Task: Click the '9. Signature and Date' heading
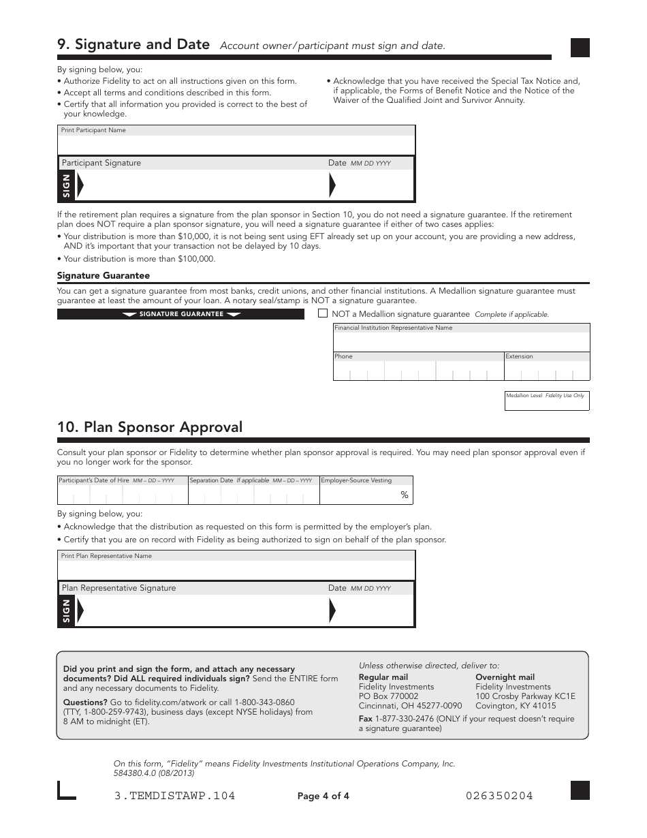tap(133, 44)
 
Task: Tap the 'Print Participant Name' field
tap(236, 145)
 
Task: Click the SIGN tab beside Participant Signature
tap(66, 185)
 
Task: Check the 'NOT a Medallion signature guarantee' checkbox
tap(323, 313)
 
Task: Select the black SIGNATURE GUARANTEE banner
tap(180, 314)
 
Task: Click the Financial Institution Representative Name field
tap(461, 341)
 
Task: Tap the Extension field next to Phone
tap(546, 370)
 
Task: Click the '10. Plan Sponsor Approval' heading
tap(150, 427)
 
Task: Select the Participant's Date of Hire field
tap(122, 495)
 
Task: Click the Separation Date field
tap(253, 495)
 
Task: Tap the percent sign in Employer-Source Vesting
tap(405, 495)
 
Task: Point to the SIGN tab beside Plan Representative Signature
tap(66, 610)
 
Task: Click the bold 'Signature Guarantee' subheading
tap(103, 276)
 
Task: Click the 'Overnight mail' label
tap(505, 677)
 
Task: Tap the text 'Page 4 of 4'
tap(323, 796)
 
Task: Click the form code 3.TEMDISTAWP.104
tap(175, 796)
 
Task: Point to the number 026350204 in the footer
tap(499, 796)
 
